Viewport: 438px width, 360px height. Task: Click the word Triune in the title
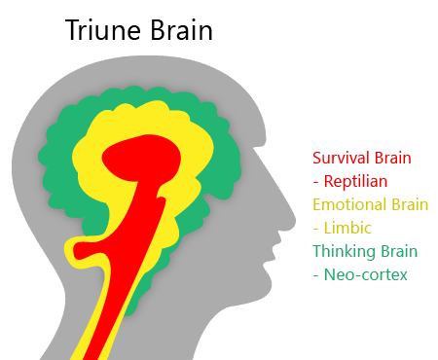tap(101, 31)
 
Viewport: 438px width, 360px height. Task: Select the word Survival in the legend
tap(341, 158)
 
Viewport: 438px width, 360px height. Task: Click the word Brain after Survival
tap(392, 158)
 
